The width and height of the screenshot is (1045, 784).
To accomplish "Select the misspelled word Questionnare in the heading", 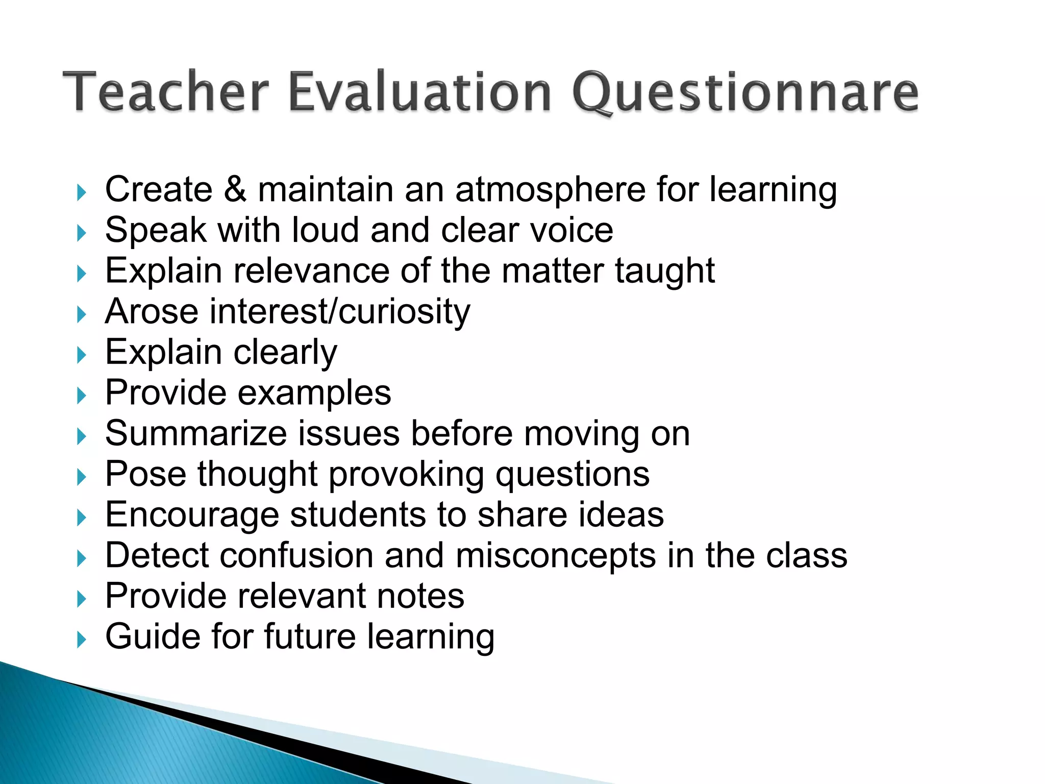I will (745, 93).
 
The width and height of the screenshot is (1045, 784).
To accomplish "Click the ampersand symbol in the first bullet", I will (235, 189).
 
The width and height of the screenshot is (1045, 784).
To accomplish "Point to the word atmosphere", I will (550, 190).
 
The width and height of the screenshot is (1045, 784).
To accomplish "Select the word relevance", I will (311, 271).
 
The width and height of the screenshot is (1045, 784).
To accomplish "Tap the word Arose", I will (152, 311).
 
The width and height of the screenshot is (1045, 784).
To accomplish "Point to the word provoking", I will (406, 475).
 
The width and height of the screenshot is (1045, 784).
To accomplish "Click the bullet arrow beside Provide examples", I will (82, 396).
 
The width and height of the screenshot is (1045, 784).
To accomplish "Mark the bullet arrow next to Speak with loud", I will (82, 233).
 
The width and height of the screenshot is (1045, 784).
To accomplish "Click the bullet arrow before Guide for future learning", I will (82, 640).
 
